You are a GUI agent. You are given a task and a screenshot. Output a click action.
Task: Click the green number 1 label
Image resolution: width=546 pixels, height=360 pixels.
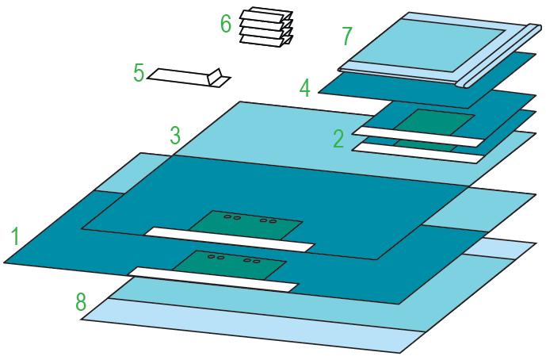click(x=15, y=236)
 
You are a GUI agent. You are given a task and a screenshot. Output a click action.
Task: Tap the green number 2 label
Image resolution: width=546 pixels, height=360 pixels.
click(x=339, y=138)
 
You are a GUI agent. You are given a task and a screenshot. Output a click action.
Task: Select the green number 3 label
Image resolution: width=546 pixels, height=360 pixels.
click(x=175, y=136)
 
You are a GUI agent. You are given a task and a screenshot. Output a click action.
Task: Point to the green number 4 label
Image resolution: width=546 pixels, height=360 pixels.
click(x=305, y=88)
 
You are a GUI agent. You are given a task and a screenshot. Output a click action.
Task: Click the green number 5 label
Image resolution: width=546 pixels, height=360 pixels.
click(x=139, y=73)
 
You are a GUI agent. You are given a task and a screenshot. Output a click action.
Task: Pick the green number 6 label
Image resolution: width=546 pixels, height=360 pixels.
click(x=226, y=24)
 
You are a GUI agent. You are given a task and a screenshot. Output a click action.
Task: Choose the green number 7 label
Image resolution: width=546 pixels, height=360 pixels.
click(x=347, y=36)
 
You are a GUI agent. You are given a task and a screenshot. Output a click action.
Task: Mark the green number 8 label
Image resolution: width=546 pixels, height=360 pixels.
click(x=81, y=301)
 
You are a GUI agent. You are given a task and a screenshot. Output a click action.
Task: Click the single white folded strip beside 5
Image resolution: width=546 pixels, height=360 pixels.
click(x=189, y=78)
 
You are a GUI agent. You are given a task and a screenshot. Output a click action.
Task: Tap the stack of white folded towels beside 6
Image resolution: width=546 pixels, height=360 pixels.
click(x=266, y=26)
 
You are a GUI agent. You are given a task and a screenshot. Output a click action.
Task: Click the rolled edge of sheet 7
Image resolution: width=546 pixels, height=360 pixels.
click(x=497, y=56)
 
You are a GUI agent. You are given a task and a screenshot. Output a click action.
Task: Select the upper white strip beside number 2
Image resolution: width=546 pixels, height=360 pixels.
click(x=418, y=136)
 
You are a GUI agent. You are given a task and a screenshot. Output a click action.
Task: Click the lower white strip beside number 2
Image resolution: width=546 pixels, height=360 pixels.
click(x=418, y=152)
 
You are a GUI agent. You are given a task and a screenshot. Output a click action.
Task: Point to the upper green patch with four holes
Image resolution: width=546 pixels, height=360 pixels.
click(x=246, y=225)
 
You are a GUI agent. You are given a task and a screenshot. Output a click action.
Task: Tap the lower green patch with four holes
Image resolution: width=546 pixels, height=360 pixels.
click(x=230, y=265)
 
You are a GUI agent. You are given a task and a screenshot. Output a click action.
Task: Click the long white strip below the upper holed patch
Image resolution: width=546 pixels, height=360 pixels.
click(x=230, y=239)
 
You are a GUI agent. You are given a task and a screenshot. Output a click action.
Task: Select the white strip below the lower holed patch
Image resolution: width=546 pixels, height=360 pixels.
click(x=213, y=279)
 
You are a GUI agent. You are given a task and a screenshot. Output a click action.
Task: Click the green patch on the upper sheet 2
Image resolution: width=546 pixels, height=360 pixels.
click(x=434, y=123)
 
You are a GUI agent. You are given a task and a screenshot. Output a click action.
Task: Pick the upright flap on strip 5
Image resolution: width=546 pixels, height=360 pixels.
click(x=214, y=77)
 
